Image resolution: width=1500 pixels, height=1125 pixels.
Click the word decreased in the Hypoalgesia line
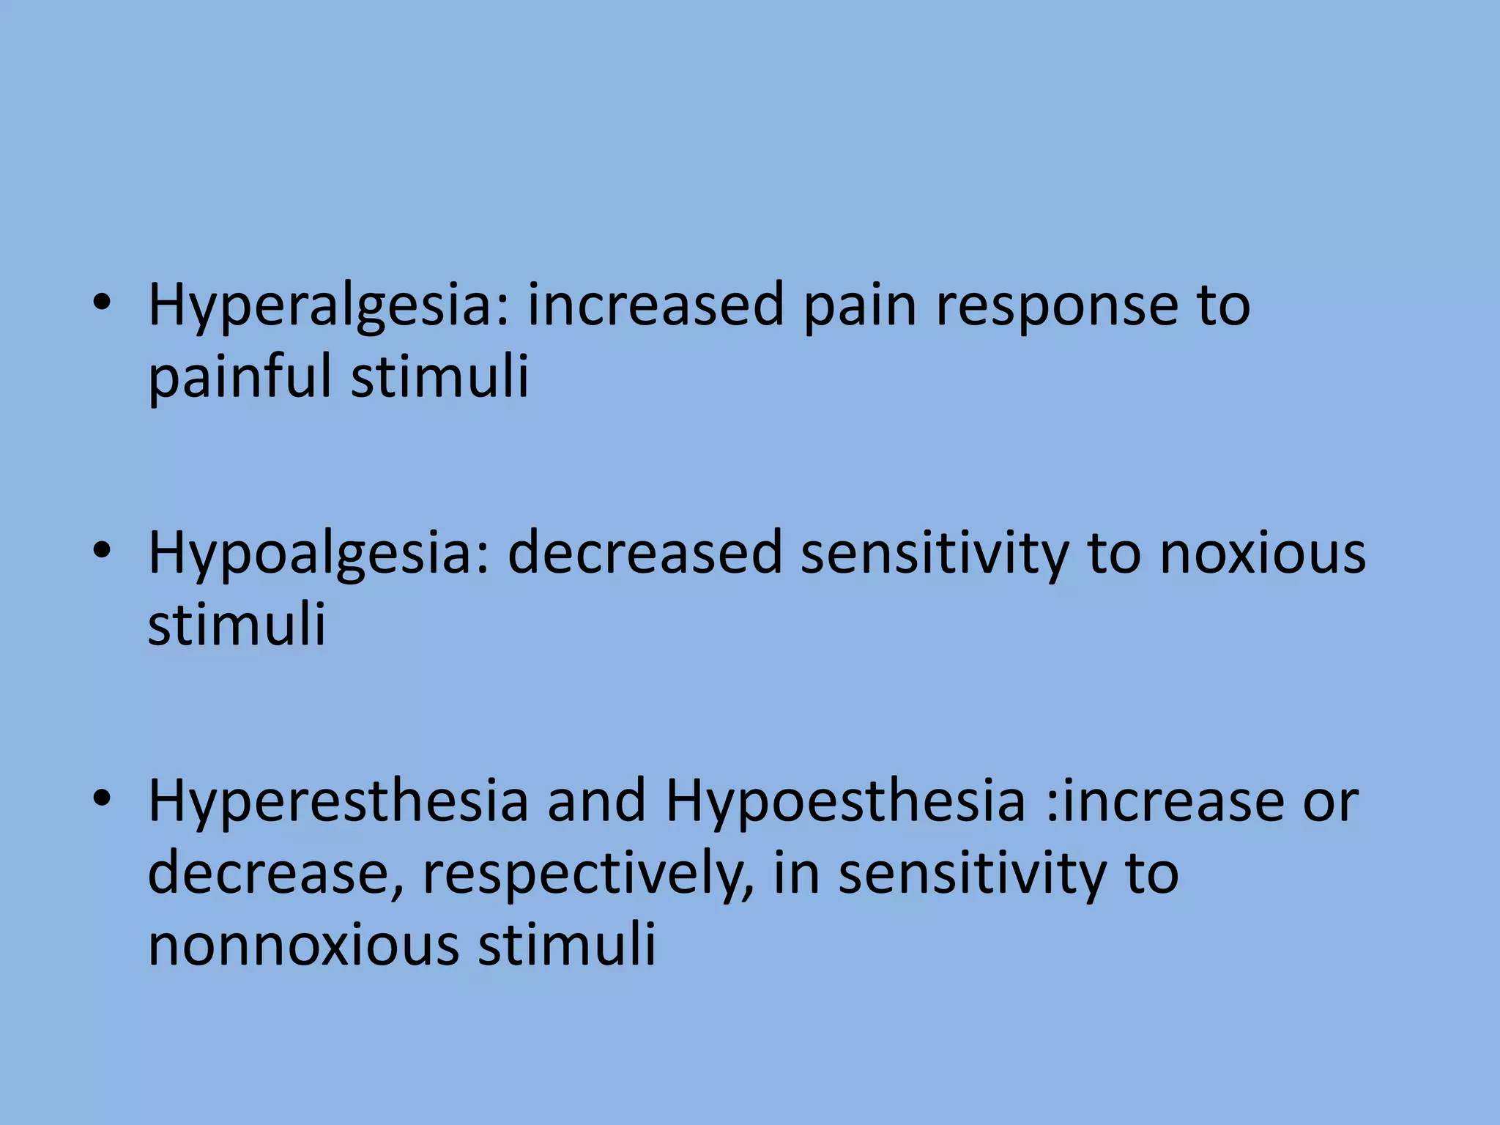click(x=645, y=554)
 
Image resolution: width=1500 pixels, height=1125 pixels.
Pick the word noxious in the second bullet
click(x=1263, y=554)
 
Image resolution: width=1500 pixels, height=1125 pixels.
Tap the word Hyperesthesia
click(x=338, y=801)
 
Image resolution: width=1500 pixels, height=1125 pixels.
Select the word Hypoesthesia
click(x=844, y=801)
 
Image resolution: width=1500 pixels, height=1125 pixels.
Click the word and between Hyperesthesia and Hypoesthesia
click(x=597, y=801)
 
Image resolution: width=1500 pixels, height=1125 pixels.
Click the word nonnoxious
click(x=304, y=945)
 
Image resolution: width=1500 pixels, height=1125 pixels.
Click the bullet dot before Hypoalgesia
click(x=102, y=551)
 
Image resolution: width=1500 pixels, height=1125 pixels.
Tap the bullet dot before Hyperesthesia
click(x=102, y=798)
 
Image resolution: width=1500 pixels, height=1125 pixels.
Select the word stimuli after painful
click(x=439, y=376)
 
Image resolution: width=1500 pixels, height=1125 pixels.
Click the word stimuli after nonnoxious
click(x=567, y=945)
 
